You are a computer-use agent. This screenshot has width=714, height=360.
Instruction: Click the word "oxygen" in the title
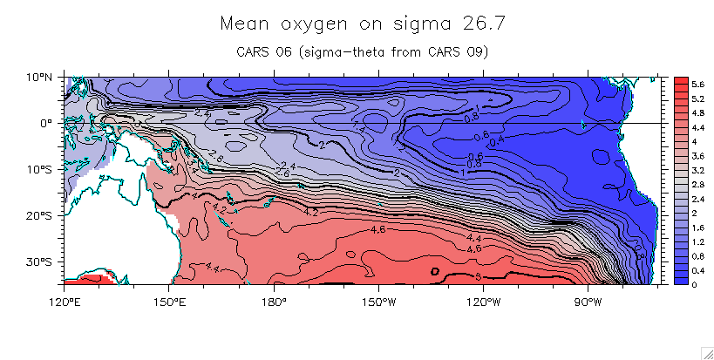(300, 23)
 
